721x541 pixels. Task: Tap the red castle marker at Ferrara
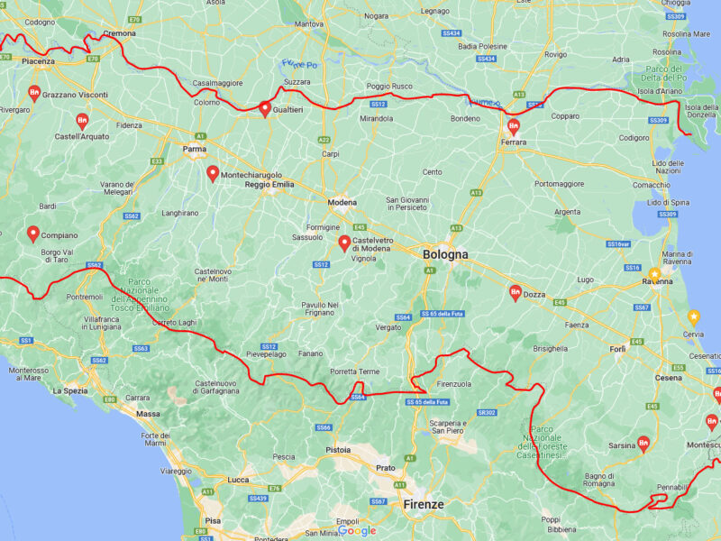pyautogui.click(x=514, y=126)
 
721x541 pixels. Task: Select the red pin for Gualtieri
pyautogui.click(x=265, y=109)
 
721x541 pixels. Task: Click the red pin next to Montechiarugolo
pyautogui.click(x=213, y=172)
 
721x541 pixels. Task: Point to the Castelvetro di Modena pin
pyautogui.click(x=344, y=242)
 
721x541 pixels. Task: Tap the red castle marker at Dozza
pyautogui.click(x=515, y=292)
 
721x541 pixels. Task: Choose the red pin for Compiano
pyautogui.click(x=33, y=234)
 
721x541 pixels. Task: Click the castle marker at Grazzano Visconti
pyautogui.click(x=34, y=92)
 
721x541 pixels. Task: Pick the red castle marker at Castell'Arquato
pyautogui.click(x=82, y=121)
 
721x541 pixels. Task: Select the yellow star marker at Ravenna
pyautogui.click(x=655, y=273)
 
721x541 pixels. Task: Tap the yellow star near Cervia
pyautogui.click(x=693, y=316)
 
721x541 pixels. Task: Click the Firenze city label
pyautogui.click(x=423, y=505)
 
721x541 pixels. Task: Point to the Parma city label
pyautogui.click(x=194, y=149)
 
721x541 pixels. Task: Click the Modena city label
pyautogui.click(x=342, y=202)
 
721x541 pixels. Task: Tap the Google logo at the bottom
pyautogui.click(x=357, y=531)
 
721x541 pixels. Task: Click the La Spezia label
pyautogui.click(x=69, y=391)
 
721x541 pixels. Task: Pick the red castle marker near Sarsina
pyautogui.click(x=643, y=443)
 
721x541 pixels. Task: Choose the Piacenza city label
pyautogui.click(x=39, y=61)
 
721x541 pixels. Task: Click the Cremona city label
pyautogui.click(x=119, y=33)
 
